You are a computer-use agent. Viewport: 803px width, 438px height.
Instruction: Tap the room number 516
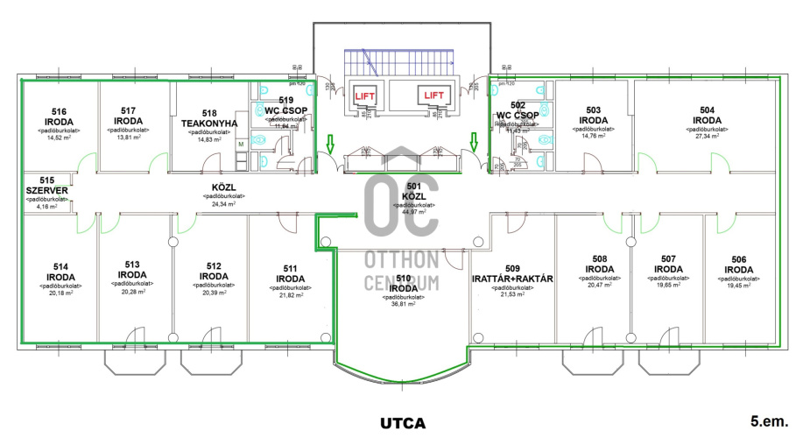(x=60, y=111)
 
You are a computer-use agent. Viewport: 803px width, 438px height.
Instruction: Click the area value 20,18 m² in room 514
(x=60, y=294)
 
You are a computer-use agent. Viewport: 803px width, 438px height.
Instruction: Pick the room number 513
(x=132, y=264)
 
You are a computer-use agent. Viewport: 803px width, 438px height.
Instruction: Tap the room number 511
(x=289, y=269)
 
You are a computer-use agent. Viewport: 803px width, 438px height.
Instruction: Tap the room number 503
(x=593, y=109)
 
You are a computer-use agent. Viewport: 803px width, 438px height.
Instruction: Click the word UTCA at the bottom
(x=402, y=422)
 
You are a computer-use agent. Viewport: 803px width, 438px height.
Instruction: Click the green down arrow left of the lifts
(x=329, y=141)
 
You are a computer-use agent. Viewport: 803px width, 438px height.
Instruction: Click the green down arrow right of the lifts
(x=474, y=141)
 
